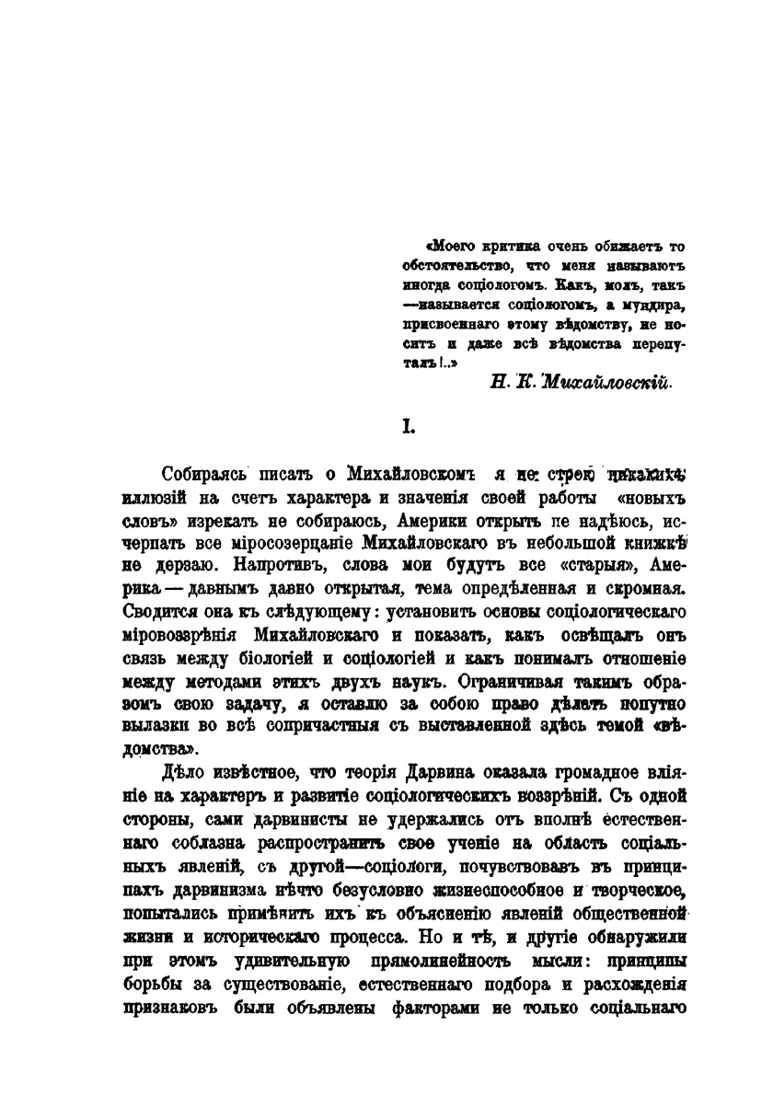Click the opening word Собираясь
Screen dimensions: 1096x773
click(202, 477)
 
